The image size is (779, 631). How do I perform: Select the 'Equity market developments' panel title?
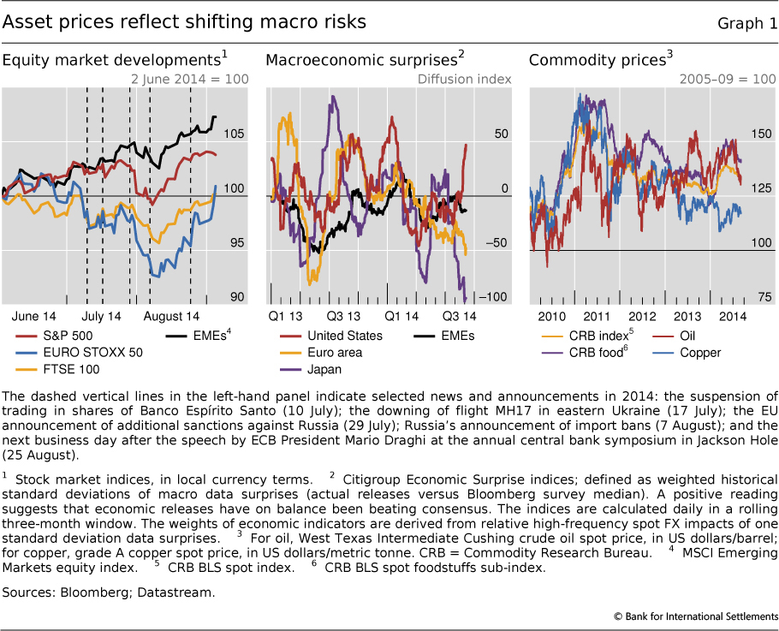pos(111,61)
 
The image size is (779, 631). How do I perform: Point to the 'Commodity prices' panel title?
pos(598,61)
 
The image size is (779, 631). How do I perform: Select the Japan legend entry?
pos(323,370)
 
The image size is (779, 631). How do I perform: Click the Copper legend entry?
pos(701,353)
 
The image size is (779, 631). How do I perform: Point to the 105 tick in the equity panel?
pos(234,134)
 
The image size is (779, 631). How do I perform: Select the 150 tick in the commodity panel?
pos(758,134)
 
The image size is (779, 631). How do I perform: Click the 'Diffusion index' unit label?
pos(464,79)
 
